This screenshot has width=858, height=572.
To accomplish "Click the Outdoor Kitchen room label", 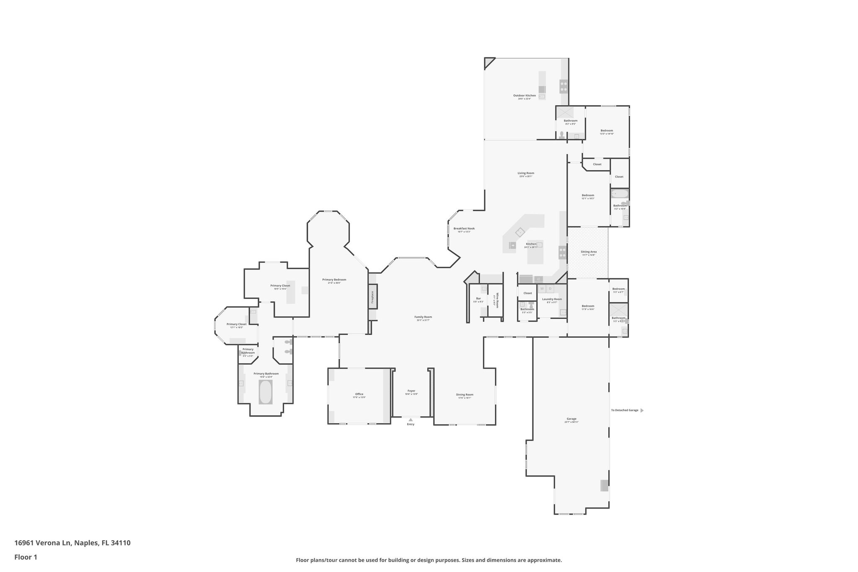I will tap(524, 96).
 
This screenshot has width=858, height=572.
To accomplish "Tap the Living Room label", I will tap(526, 173).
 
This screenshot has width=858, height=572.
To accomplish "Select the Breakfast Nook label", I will tap(464, 228).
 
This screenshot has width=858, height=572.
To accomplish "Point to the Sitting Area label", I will tap(588, 252).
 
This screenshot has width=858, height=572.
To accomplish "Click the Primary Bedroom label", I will tap(334, 280).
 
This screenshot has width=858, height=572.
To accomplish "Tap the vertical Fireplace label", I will tap(372, 297).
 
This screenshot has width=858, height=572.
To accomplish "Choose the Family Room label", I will tap(423, 317).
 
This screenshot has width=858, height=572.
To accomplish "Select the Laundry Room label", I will tap(552, 299).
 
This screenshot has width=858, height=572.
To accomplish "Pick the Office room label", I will tap(359, 394).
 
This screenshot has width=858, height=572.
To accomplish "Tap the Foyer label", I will tap(411, 391).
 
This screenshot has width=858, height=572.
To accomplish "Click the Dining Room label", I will tap(465, 394).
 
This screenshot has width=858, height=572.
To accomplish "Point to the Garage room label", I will tap(571, 419).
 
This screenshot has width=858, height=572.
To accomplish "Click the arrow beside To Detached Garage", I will tap(642, 410).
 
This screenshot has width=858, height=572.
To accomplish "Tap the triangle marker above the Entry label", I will tap(411, 419).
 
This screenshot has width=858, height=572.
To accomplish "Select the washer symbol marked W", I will tap(542, 289).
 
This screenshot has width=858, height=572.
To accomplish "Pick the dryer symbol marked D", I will tap(550, 289).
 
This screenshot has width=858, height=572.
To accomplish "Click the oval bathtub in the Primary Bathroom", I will tap(265, 392).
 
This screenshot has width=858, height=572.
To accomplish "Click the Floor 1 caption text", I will tap(26, 557).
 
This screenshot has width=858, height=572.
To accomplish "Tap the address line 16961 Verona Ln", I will tap(72, 543).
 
